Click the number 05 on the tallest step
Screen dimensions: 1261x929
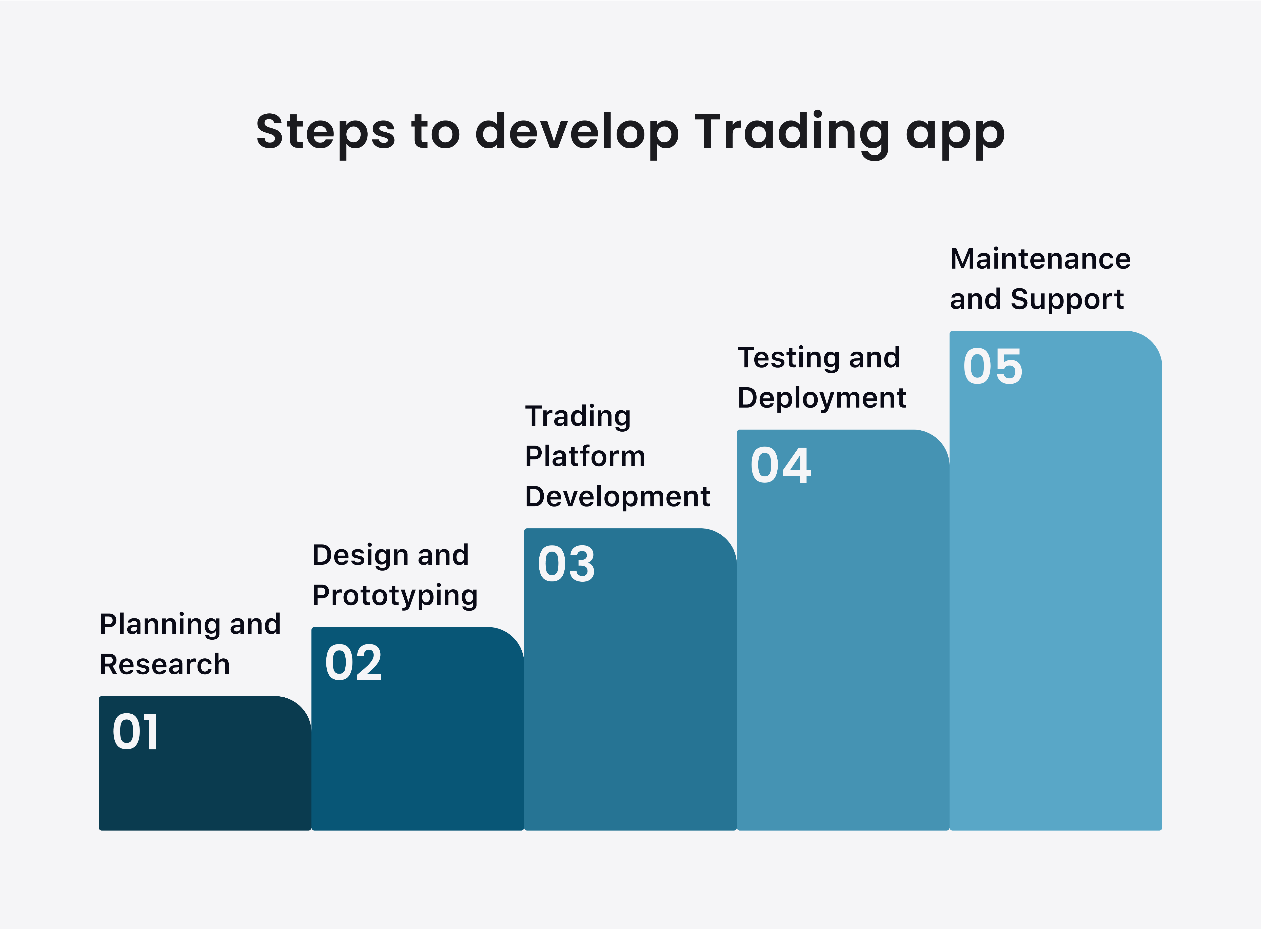[x=993, y=367]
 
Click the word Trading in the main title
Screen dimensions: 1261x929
[x=792, y=135]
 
